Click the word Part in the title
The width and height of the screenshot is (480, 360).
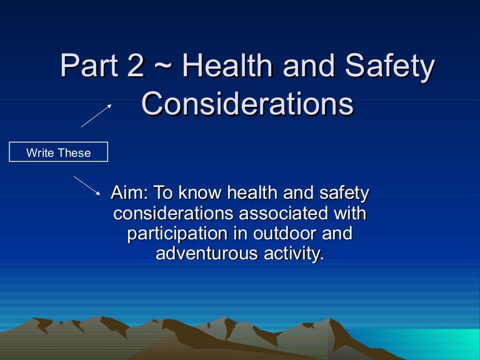click(87, 67)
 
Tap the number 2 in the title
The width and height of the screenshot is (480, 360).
click(133, 67)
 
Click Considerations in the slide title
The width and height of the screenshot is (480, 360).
click(247, 104)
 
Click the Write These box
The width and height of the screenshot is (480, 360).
click(58, 152)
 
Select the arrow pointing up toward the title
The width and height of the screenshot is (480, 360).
click(96, 116)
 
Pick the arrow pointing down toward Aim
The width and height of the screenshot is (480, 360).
click(87, 186)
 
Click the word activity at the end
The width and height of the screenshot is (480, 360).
click(294, 254)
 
